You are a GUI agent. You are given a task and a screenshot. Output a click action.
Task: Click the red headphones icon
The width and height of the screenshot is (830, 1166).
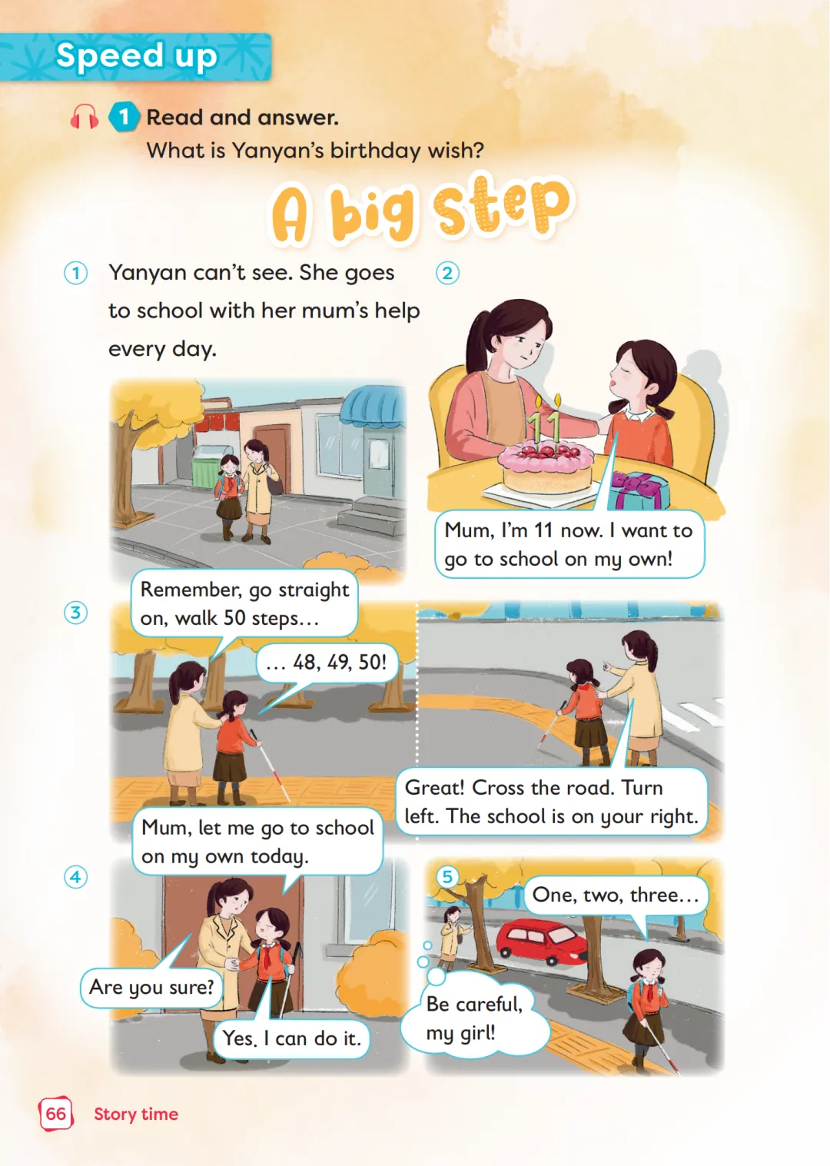click(x=85, y=117)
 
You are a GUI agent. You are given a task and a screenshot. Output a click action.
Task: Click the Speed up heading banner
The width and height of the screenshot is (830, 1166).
click(x=135, y=57)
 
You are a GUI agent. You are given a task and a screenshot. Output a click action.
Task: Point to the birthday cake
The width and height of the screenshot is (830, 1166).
click(x=546, y=466)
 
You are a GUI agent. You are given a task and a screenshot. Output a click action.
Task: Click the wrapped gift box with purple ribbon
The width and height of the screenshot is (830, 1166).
click(x=639, y=490)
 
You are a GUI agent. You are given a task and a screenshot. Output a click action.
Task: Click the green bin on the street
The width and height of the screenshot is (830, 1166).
click(x=211, y=467)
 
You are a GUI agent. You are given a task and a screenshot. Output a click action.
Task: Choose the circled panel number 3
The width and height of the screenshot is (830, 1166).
click(x=75, y=613)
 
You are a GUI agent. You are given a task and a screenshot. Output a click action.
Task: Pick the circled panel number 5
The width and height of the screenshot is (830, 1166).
click(x=447, y=876)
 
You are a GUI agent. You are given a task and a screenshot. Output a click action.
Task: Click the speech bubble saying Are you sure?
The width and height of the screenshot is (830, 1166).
click(x=151, y=987)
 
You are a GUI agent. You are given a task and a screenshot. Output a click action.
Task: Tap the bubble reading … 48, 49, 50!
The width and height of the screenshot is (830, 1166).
click(x=327, y=662)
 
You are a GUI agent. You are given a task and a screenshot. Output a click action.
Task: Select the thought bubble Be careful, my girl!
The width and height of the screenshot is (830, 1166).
click(x=475, y=1017)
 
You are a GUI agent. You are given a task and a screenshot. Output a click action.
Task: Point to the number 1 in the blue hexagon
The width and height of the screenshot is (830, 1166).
click(x=124, y=117)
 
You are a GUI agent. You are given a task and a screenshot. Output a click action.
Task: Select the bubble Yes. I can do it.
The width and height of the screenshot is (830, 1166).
click(x=291, y=1038)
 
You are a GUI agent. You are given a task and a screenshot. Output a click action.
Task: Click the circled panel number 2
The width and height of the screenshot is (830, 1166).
click(x=447, y=274)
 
